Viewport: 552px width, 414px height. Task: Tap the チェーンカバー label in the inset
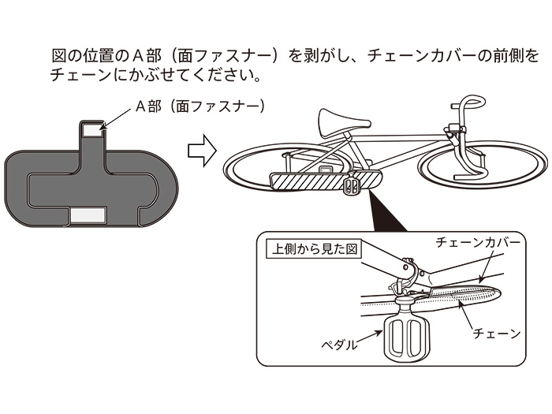pyautogui.click(x=478, y=244)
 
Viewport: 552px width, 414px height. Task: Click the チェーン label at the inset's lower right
pyautogui.click(x=496, y=334)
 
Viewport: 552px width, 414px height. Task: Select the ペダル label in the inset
pyautogui.click(x=339, y=345)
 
